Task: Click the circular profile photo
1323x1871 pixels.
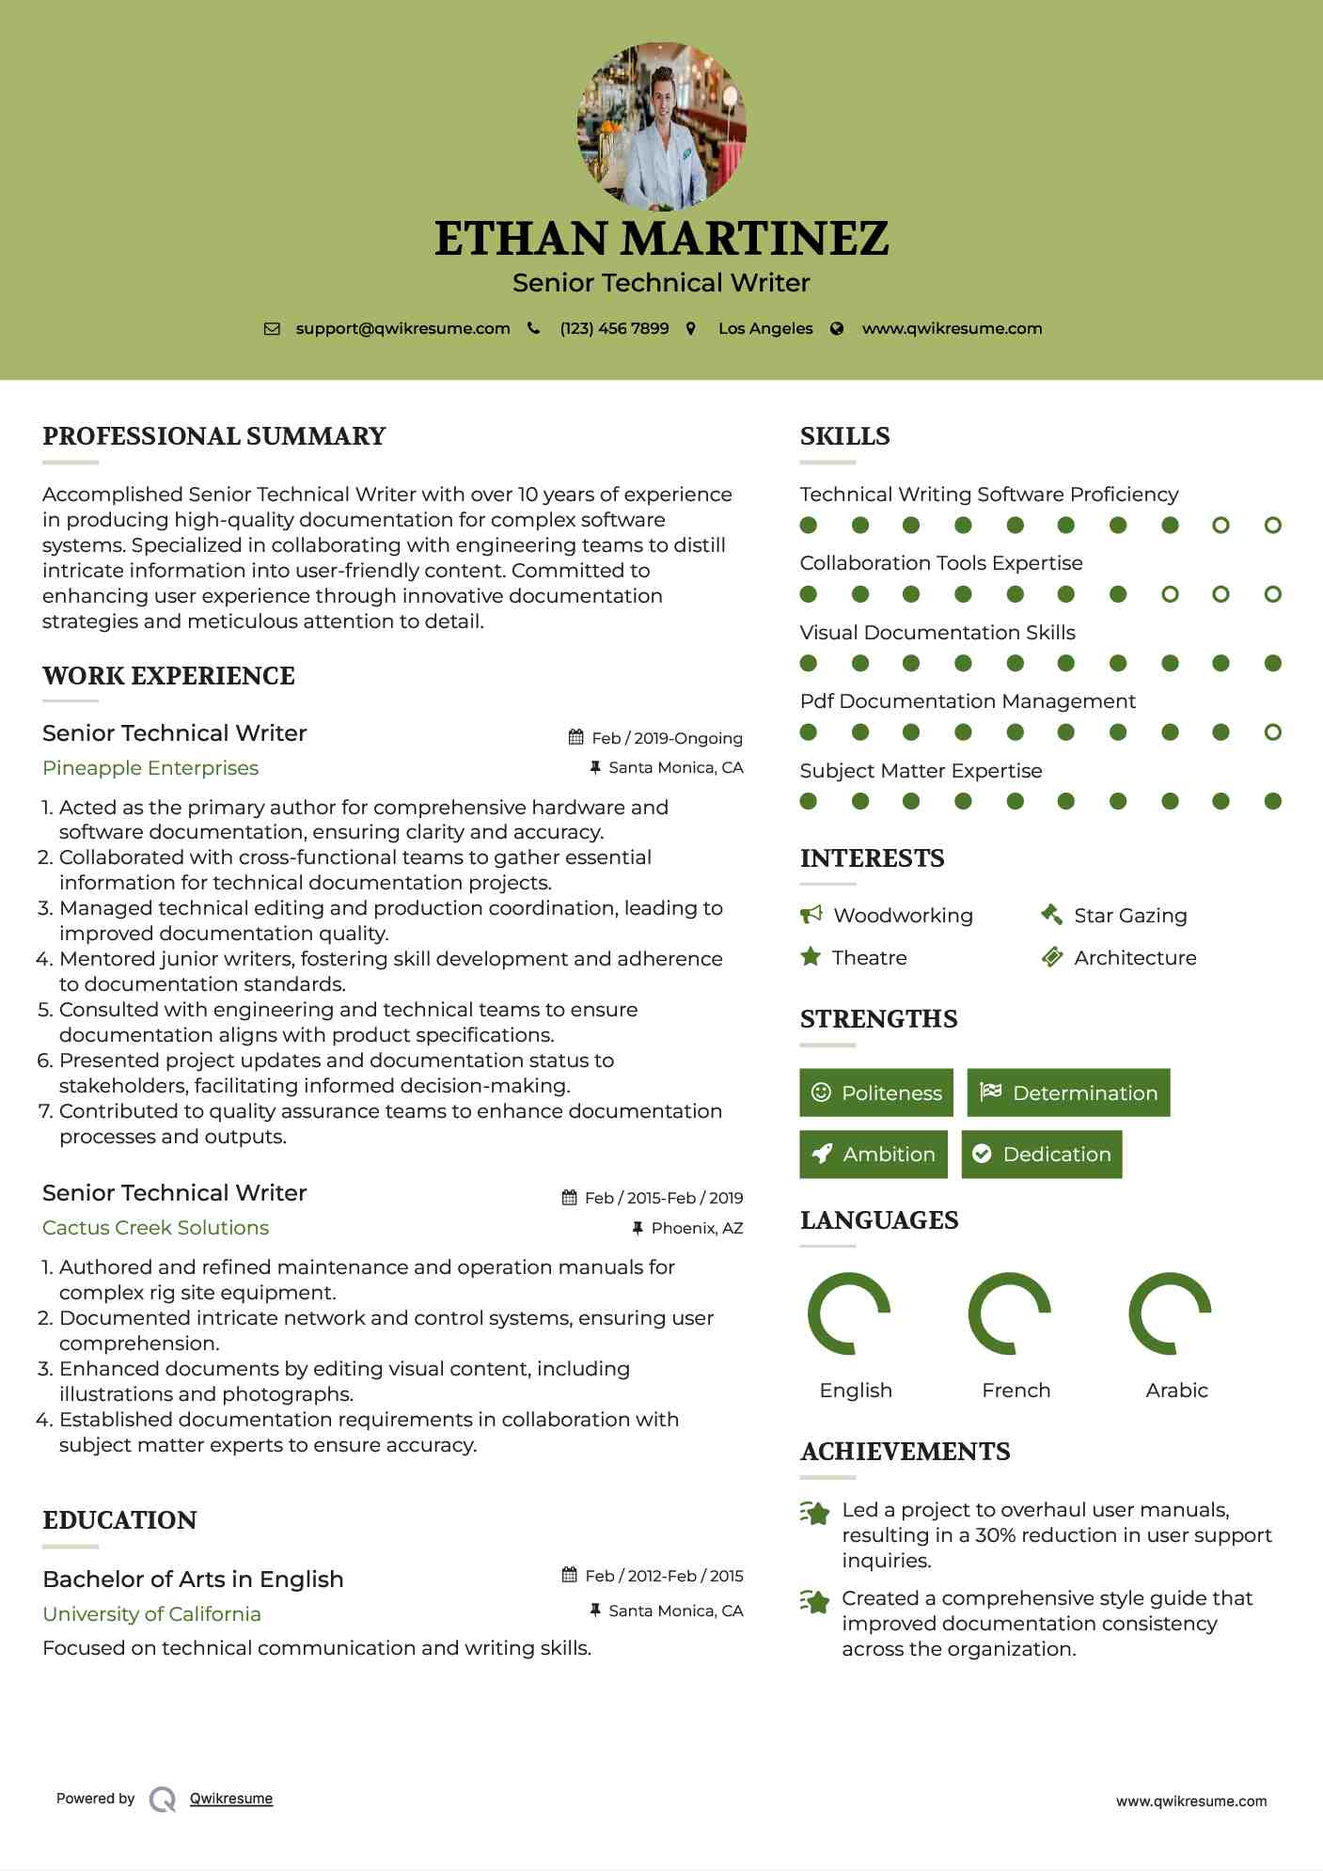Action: [661, 126]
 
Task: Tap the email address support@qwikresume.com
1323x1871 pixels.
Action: [402, 329]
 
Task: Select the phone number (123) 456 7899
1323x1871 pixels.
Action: [614, 329]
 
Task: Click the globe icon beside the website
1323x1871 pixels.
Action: [837, 329]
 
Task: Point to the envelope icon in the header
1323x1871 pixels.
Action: [272, 329]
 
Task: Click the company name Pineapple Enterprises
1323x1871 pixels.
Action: [150, 768]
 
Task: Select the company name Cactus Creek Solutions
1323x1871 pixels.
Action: [155, 1228]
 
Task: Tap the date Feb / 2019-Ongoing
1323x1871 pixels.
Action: [667, 739]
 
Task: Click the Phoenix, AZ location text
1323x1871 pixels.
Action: [697, 1228]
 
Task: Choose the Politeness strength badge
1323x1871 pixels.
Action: [875, 1093]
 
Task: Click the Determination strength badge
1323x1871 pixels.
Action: [1068, 1093]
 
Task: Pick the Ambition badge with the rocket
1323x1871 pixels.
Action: [874, 1155]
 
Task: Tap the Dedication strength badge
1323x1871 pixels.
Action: [1042, 1155]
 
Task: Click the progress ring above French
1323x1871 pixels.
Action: [1009, 1313]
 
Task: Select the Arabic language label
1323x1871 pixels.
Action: [1176, 1391]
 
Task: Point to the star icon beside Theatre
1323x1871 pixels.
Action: [810, 957]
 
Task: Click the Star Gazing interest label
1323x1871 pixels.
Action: [1130, 916]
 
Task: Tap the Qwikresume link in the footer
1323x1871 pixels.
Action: [231, 1799]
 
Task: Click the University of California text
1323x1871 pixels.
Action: [151, 1614]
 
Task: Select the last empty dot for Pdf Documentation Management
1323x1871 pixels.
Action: [1272, 732]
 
